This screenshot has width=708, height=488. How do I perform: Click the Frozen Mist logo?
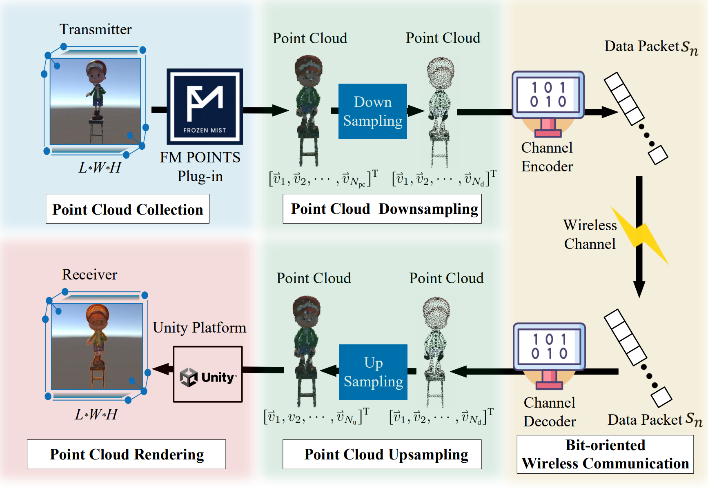tap(205, 106)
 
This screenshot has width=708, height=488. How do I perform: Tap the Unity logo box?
tap(208, 374)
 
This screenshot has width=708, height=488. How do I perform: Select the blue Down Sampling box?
tap(372, 111)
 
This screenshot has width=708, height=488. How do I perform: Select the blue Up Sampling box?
tap(373, 372)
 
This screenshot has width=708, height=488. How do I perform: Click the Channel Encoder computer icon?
tap(548, 102)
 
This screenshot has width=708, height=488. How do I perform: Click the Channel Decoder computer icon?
tap(549, 354)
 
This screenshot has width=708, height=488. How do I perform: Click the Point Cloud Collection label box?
tap(127, 209)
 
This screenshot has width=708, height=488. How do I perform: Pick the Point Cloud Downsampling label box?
tap(382, 209)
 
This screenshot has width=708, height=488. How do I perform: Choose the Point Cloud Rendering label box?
tap(126, 454)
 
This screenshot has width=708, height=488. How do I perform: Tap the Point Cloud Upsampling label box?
tap(382, 454)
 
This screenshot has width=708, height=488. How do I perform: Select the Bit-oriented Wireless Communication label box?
tap(605, 454)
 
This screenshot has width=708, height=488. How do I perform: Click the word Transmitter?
tap(96, 29)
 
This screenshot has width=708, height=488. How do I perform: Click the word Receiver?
tap(89, 275)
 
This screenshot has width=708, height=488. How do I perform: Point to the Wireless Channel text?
tap(590, 234)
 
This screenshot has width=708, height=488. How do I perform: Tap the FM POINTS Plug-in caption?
tap(200, 166)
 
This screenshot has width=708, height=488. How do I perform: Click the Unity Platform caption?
tap(199, 328)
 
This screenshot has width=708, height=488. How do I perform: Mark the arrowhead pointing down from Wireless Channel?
tap(639, 289)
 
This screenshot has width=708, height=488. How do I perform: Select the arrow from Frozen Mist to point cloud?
tap(265, 110)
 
